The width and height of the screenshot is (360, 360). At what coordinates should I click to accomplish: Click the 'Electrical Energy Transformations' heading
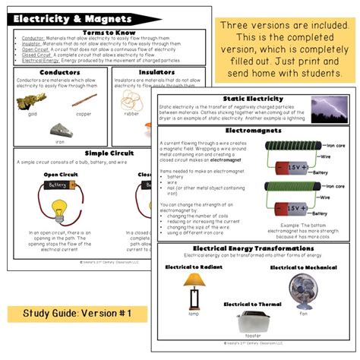coord(253,248)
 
